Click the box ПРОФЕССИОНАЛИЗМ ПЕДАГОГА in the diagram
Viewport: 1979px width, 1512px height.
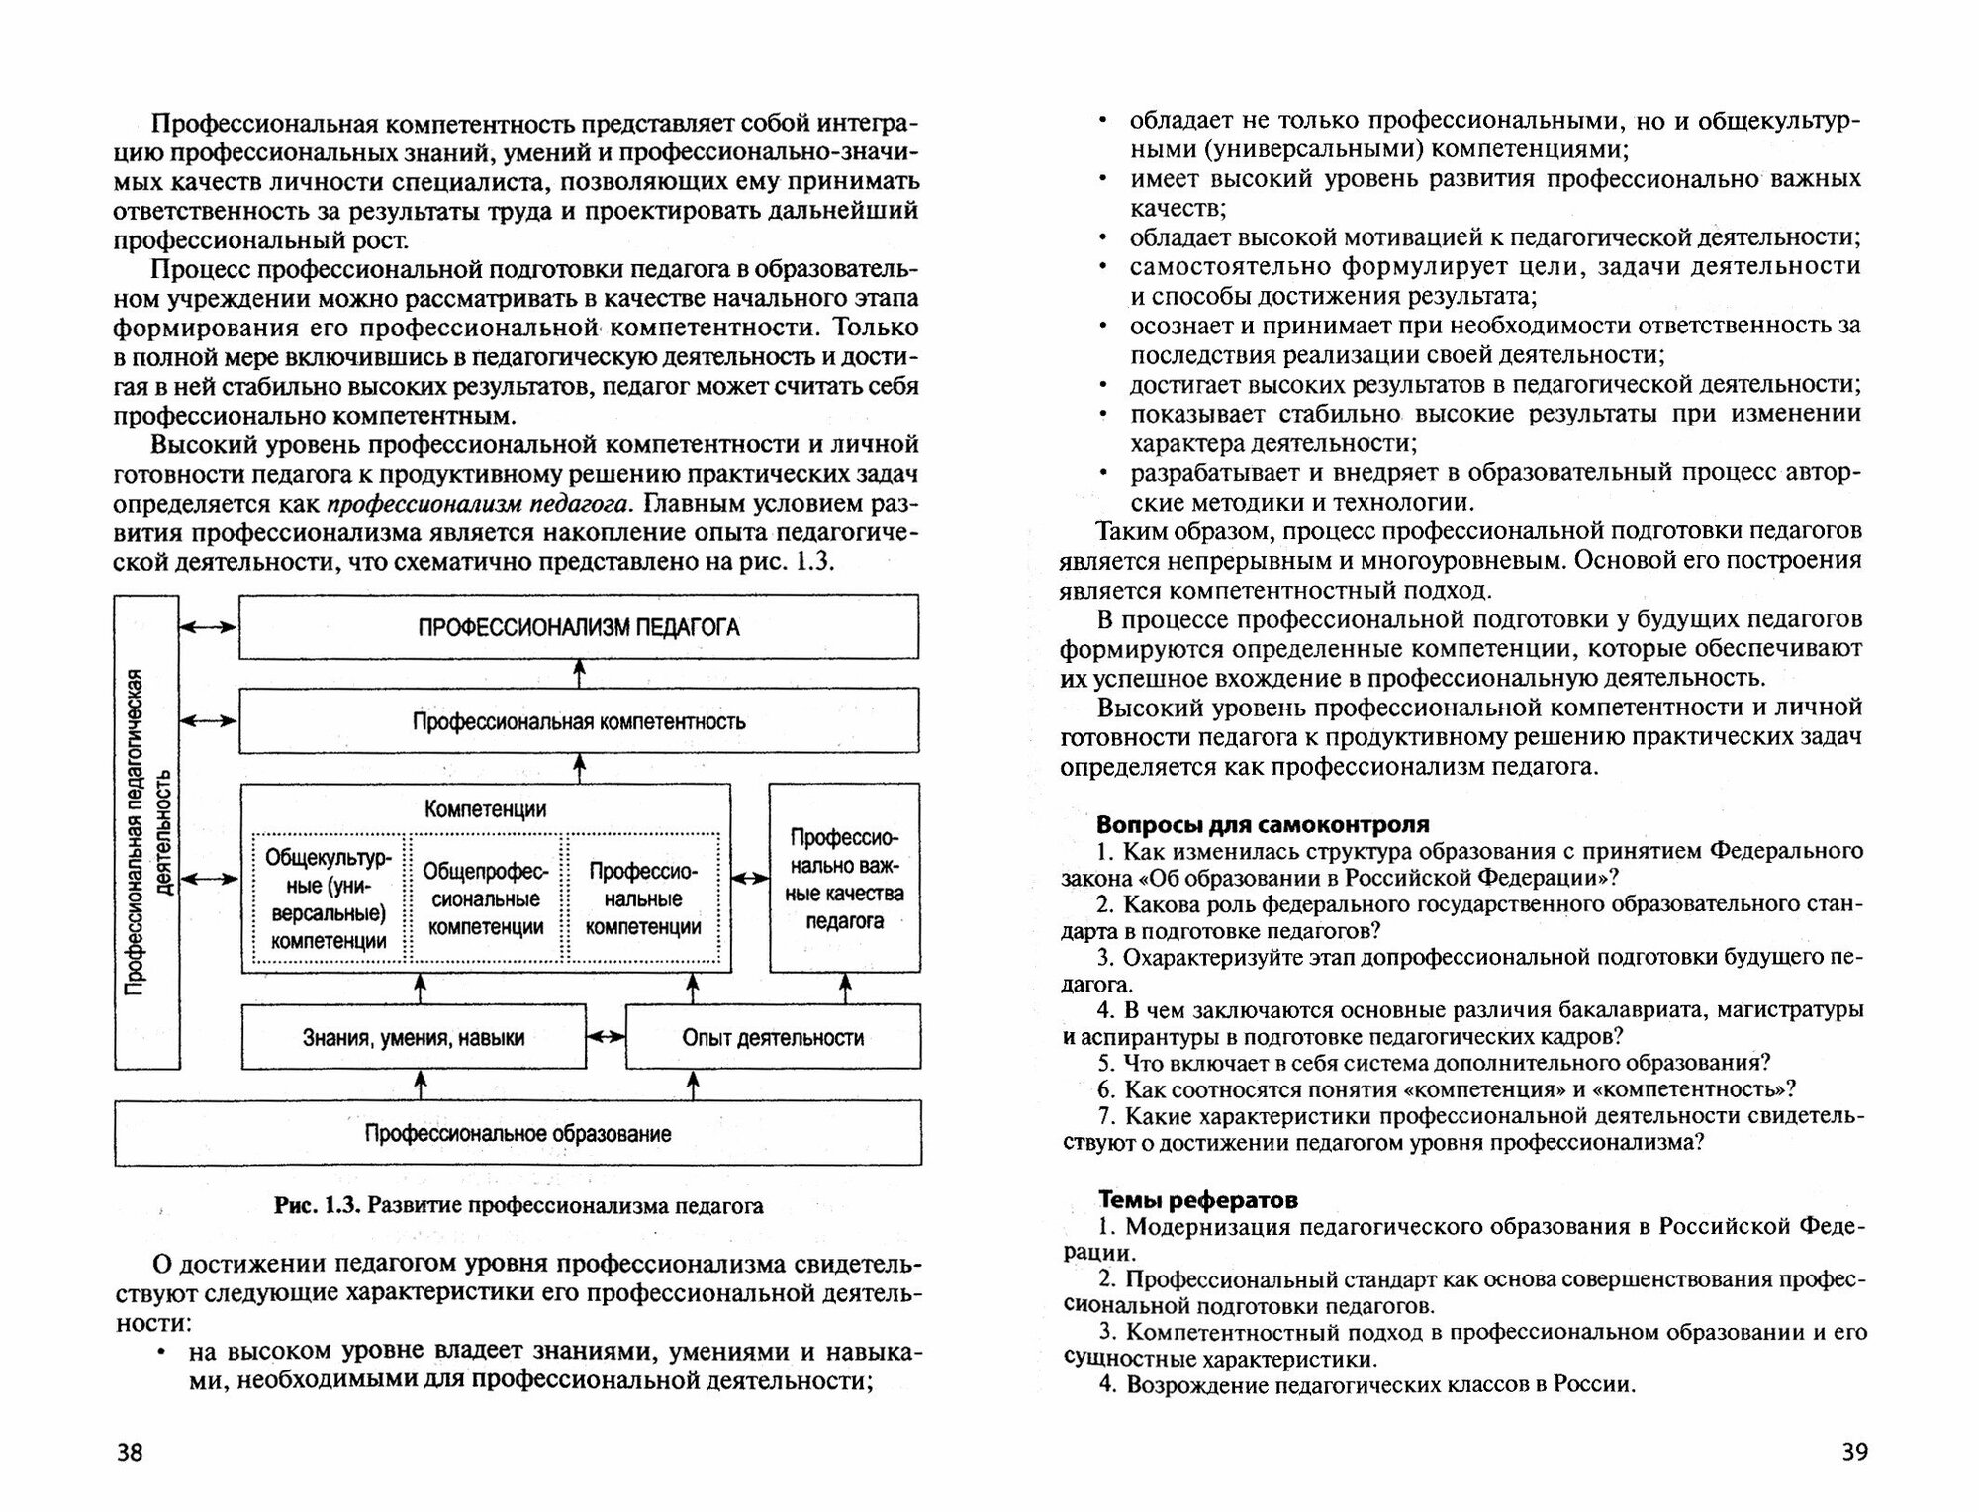pos(579,627)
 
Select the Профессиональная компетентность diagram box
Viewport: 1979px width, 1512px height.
pos(579,721)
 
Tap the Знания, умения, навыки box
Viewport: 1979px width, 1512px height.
pos(414,1038)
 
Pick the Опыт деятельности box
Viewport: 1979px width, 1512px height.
pos(773,1038)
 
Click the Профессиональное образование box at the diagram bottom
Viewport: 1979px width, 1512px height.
pos(518,1134)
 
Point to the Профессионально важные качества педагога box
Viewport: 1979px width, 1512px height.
pos(844,879)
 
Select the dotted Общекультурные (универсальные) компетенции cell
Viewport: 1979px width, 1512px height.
pos(329,898)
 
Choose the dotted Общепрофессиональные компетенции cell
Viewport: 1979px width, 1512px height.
pos(486,898)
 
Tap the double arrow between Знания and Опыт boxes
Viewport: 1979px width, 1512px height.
pos(606,1037)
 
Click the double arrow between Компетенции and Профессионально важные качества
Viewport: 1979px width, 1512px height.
pos(750,878)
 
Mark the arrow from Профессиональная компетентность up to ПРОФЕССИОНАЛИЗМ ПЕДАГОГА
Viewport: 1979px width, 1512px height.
pos(580,673)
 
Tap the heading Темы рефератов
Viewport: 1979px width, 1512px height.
pos(1198,1200)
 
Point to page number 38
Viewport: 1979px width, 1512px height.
pos(130,1453)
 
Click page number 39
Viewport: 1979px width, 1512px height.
pos(1854,1452)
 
